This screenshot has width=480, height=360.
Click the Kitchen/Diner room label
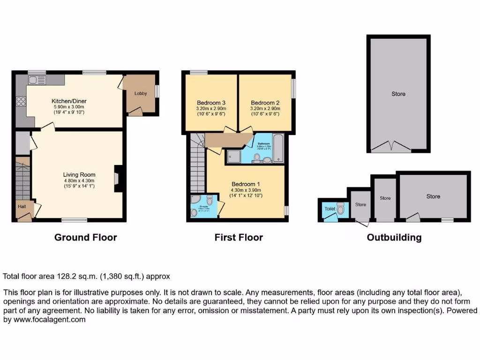tap(69, 101)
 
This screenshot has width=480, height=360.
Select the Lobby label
tap(141, 93)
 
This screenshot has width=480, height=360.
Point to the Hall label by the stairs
tap(22, 206)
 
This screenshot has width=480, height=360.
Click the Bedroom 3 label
tap(211, 103)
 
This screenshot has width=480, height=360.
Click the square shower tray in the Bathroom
tap(233, 156)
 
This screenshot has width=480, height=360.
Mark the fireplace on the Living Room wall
tap(117, 178)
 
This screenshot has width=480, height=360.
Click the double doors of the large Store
tap(390, 147)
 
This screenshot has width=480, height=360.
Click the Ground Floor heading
tap(85, 237)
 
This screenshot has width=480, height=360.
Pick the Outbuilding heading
tap(394, 237)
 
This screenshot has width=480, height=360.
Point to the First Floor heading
tap(239, 237)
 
